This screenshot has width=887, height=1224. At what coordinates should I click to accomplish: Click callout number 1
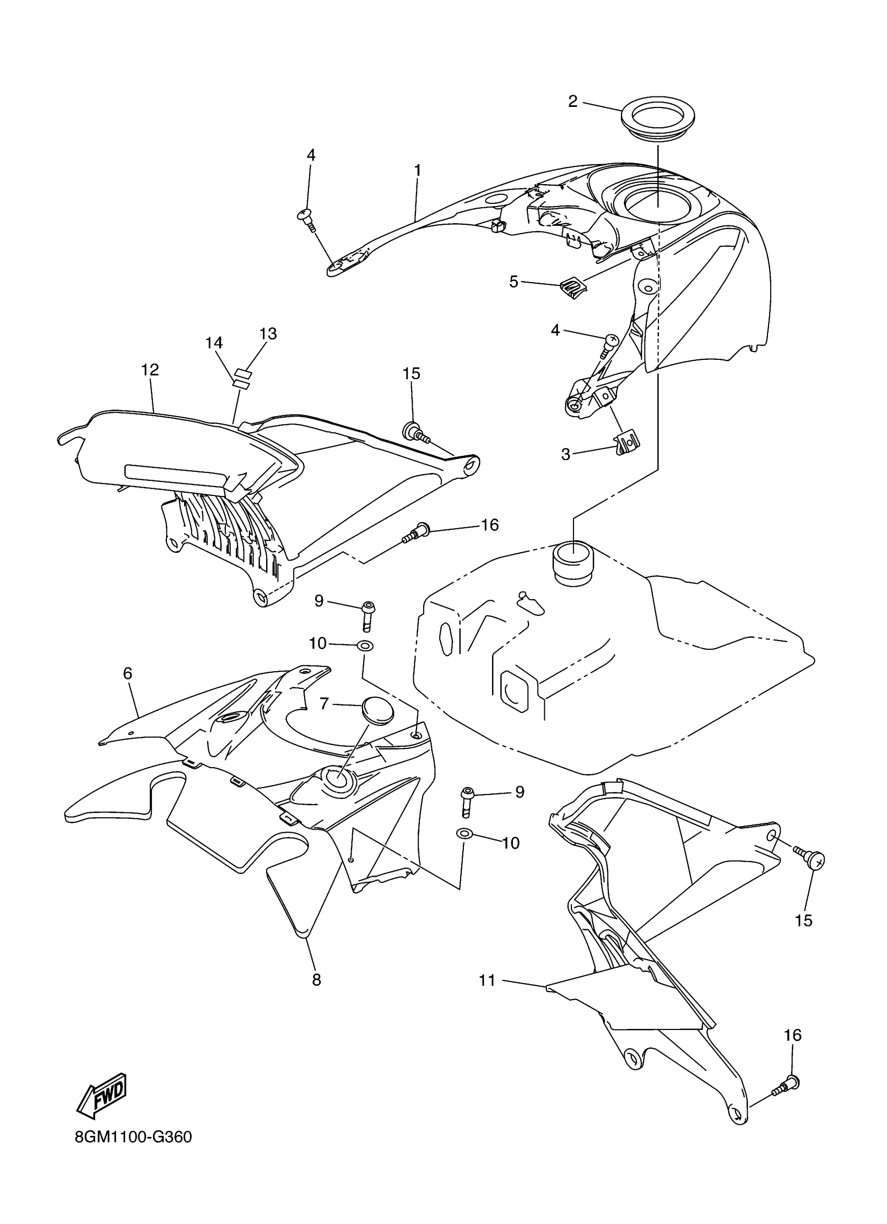click(417, 170)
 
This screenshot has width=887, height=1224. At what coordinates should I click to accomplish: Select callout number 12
click(150, 370)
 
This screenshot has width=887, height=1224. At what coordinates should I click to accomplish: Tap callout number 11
click(487, 980)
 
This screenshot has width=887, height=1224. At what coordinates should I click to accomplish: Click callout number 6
click(127, 673)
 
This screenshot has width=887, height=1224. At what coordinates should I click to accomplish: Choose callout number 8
click(316, 979)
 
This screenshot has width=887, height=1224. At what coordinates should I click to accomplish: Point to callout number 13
click(268, 334)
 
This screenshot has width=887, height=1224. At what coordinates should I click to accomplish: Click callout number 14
click(214, 343)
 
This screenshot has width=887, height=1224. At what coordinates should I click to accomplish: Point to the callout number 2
click(573, 101)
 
